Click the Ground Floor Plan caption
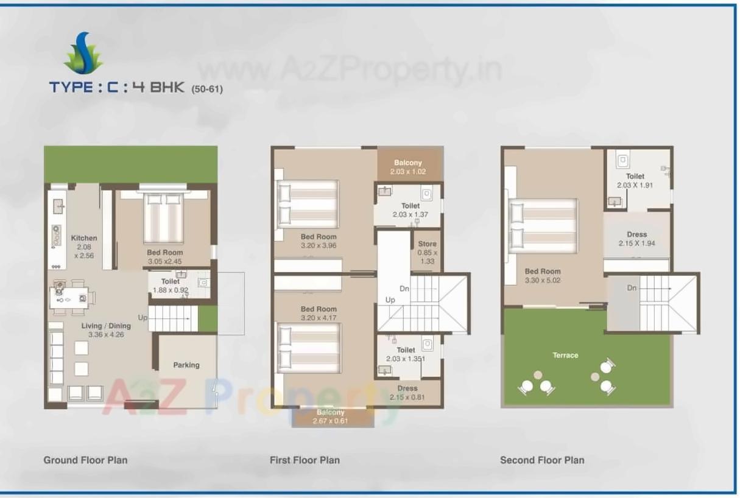pyautogui.click(x=85, y=460)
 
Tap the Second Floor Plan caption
pyautogui.click(x=541, y=460)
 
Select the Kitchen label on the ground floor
pyautogui.click(x=83, y=238)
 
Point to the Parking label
pyautogui.click(x=186, y=365)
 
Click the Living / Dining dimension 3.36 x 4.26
pyautogui.click(x=107, y=335)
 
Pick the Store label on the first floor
pyautogui.click(x=427, y=244)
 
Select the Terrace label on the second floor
pyautogui.click(x=565, y=355)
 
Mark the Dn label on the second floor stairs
pyautogui.click(x=632, y=287)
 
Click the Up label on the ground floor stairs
pyautogui.click(x=143, y=318)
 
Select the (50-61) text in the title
pyautogui.click(x=207, y=89)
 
